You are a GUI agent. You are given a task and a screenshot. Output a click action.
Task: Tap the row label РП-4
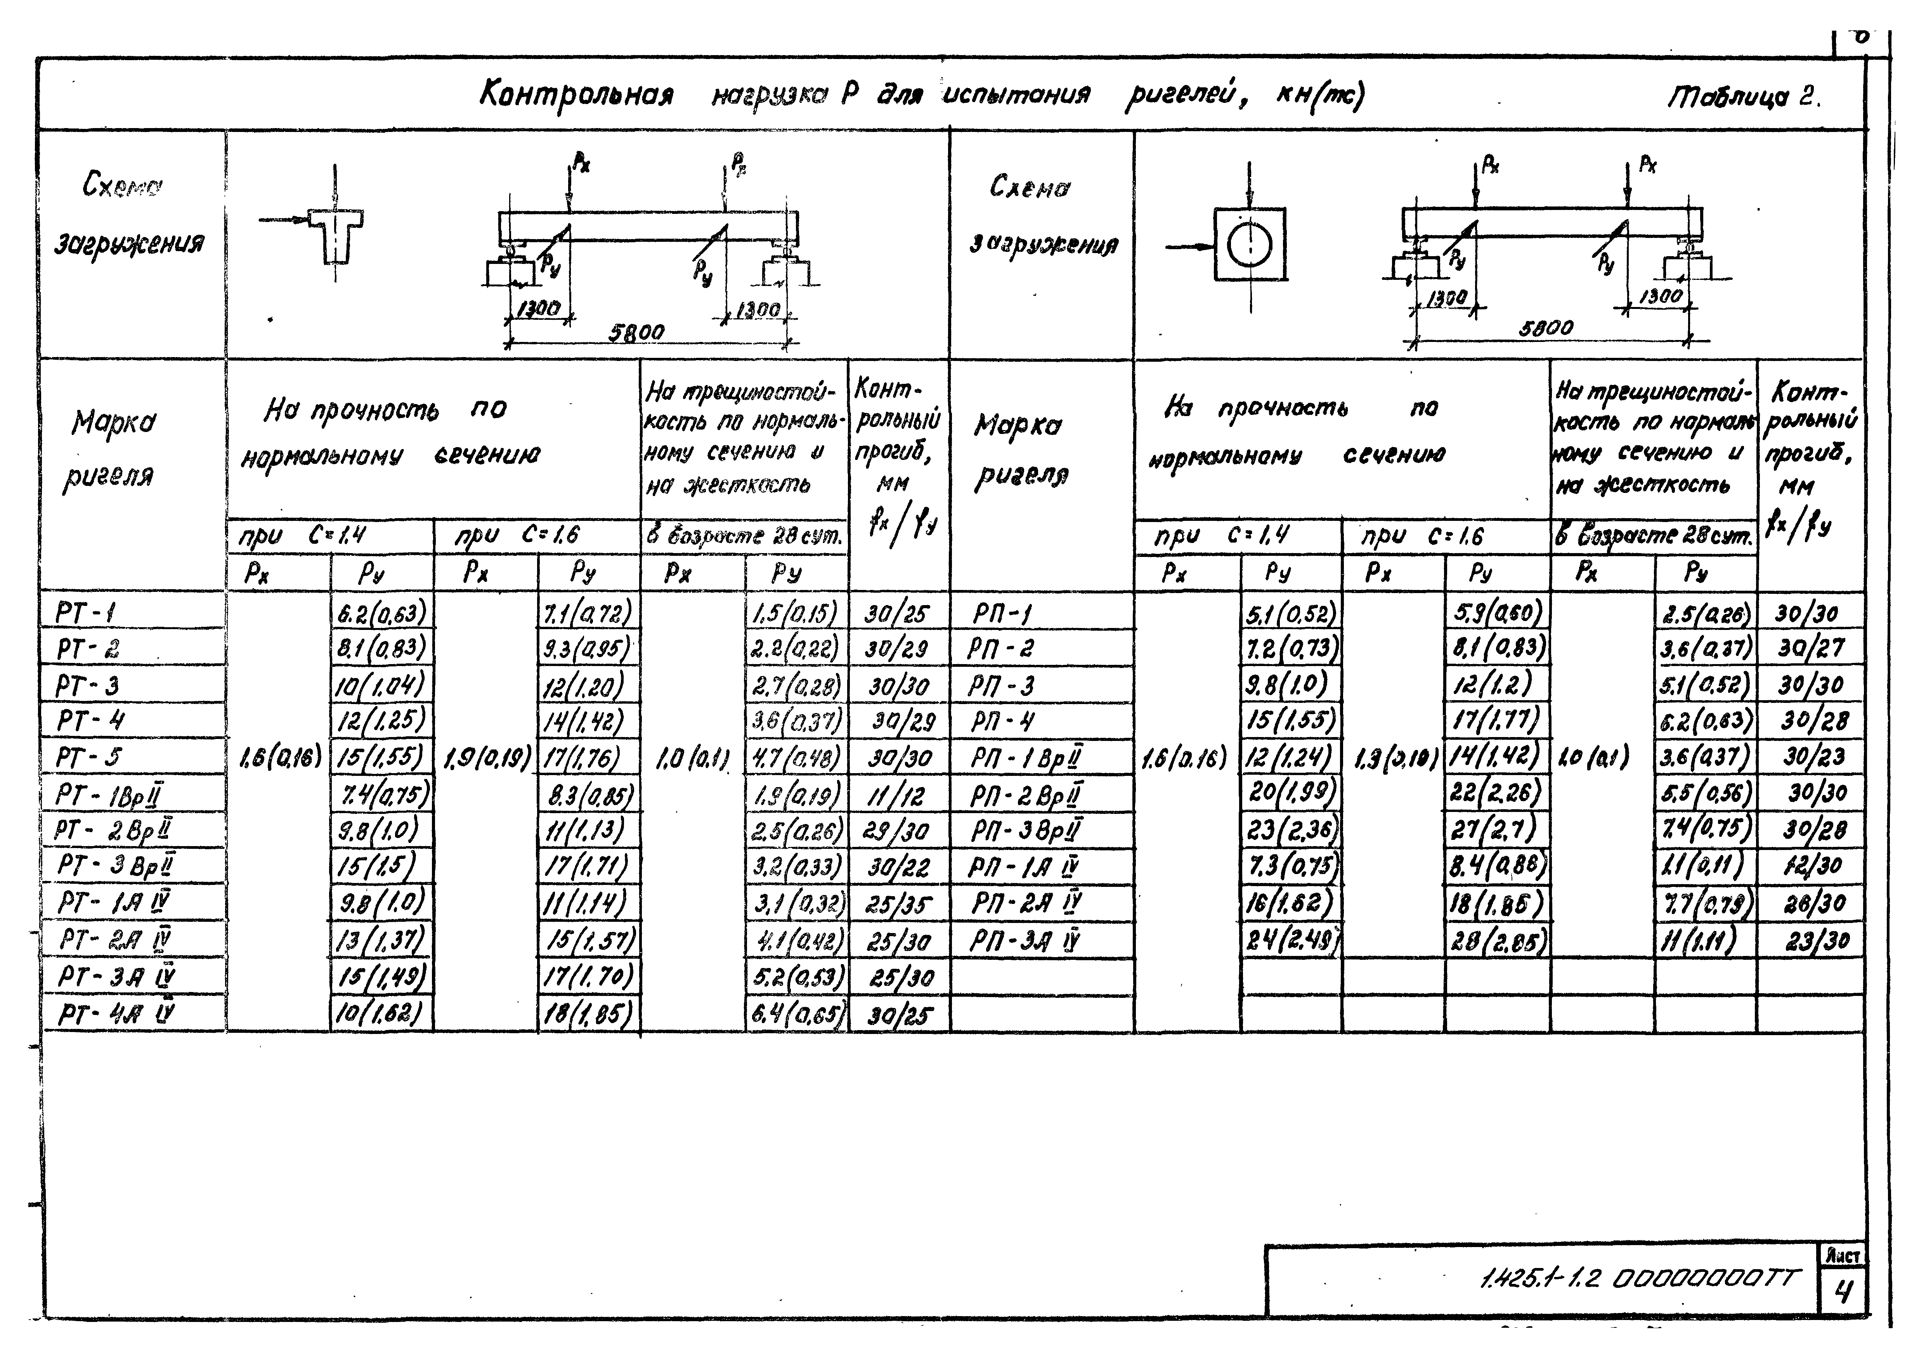click(1002, 722)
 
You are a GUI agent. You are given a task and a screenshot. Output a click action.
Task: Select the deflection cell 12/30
click(1812, 866)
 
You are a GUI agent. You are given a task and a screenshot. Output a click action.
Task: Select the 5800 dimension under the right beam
click(1546, 328)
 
